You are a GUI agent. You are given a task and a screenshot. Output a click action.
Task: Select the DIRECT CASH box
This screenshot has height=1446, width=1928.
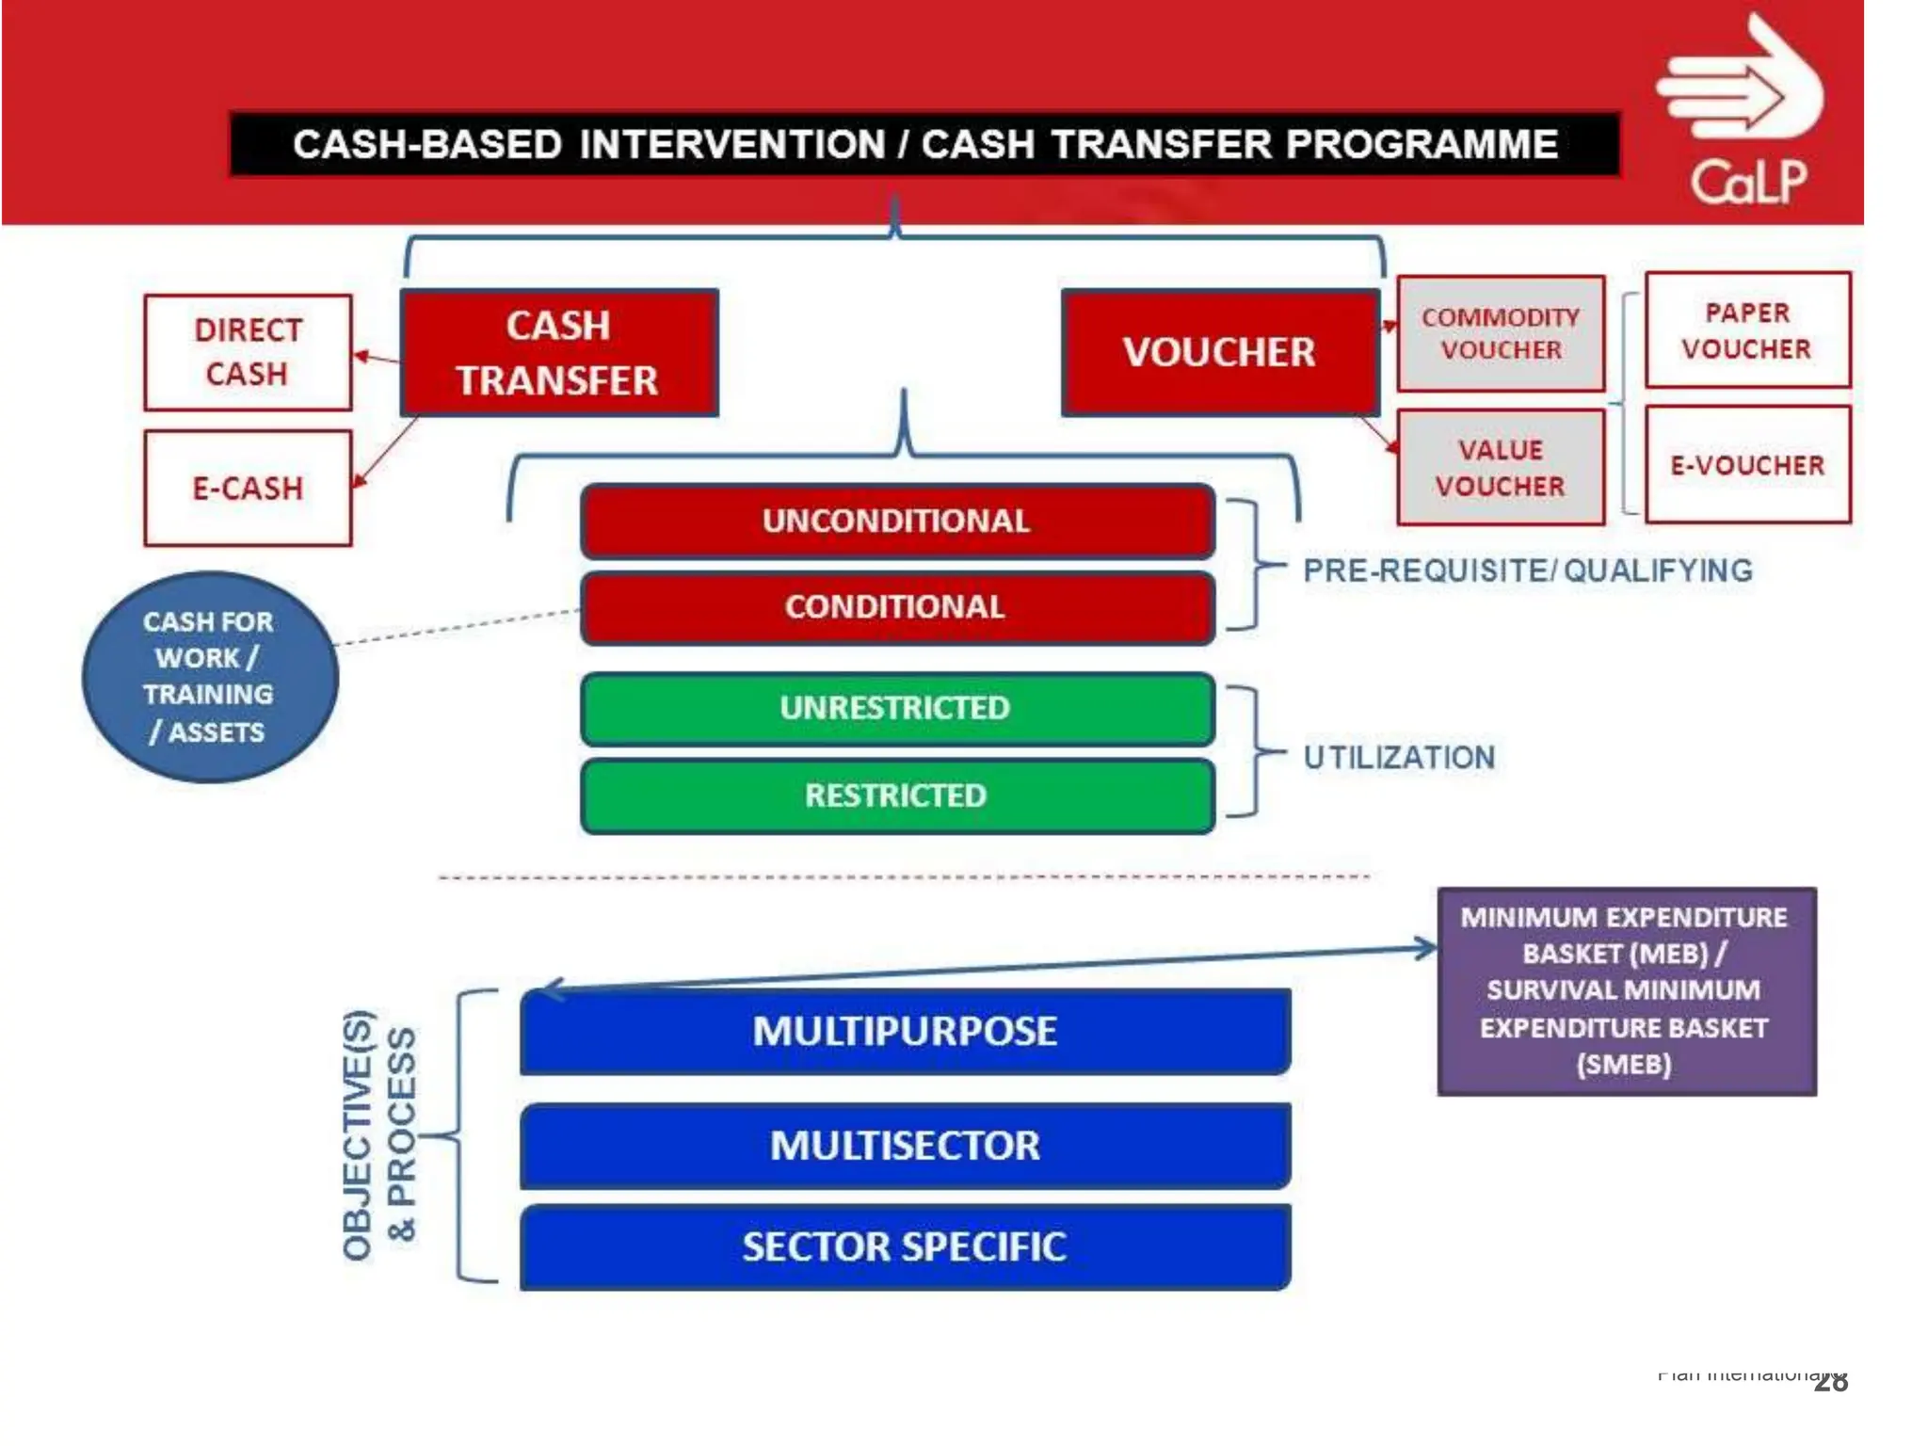click(x=248, y=352)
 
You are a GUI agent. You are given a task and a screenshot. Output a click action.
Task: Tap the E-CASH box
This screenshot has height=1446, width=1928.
click(x=248, y=488)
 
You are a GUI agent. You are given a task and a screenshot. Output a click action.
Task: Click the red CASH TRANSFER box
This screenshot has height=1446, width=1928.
click(x=559, y=352)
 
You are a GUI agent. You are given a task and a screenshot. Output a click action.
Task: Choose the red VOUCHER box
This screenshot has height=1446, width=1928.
click(x=1220, y=352)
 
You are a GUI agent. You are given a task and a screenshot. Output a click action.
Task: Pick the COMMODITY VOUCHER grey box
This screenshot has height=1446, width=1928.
click(x=1501, y=333)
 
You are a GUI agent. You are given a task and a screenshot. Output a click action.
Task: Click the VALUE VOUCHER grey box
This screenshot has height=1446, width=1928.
click(x=1501, y=467)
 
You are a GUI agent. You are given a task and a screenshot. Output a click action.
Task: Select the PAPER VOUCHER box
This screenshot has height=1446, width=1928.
click(x=1747, y=329)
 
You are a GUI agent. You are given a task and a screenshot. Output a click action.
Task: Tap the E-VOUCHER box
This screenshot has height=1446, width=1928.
click(x=1747, y=464)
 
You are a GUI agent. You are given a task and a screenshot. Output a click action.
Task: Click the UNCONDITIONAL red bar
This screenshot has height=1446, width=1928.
click(x=896, y=521)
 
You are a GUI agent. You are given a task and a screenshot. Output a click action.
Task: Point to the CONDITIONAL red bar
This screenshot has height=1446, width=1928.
click(x=896, y=607)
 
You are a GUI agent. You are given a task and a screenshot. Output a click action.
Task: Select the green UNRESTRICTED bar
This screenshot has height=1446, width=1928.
click(x=896, y=708)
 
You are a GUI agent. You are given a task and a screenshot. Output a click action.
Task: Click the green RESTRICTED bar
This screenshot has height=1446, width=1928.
click(x=896, y=796)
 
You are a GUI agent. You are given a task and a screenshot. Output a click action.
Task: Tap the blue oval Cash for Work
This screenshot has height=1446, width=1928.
click(x=209, y=676)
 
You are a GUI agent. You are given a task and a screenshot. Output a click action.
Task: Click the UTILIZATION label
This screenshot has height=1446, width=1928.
click(x=1399, y=757)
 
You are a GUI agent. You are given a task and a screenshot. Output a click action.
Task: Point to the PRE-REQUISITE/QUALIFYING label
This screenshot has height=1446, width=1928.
click(x=1527, y=570)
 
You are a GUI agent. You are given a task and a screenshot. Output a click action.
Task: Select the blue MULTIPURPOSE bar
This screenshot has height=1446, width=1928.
click(x=905, y=1031)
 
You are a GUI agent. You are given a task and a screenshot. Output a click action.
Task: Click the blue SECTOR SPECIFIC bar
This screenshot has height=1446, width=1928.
click(x=905, y=1246)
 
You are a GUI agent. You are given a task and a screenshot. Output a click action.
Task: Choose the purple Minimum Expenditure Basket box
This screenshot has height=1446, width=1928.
click(x=1626, y=990)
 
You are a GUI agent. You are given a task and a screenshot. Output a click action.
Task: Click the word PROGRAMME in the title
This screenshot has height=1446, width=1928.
click(x=1422, y=144)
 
